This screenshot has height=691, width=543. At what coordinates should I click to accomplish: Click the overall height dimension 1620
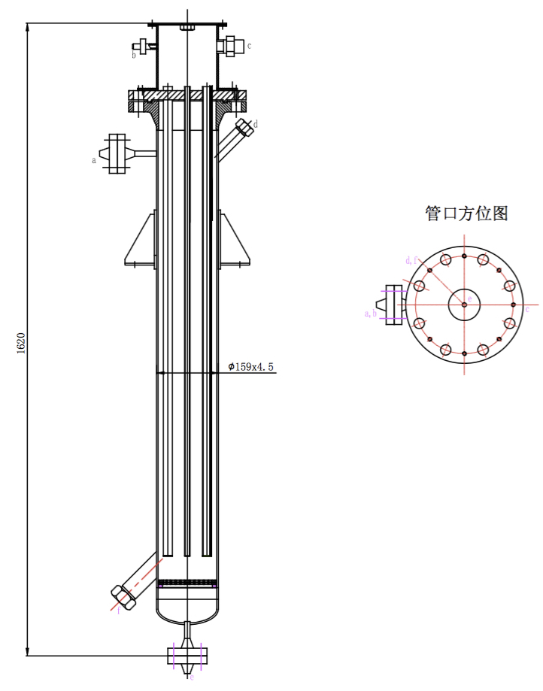[22, 342]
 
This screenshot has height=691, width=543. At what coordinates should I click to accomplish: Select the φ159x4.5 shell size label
[251, 367]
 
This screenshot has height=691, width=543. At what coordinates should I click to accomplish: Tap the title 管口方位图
[466, 214]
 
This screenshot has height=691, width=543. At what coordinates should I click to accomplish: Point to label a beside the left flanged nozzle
[94, 159]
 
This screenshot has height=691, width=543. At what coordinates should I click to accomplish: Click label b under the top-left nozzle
[135, 55]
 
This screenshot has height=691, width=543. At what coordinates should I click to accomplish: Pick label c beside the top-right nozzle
[249, 46]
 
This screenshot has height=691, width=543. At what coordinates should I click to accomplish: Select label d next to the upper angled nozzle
[256, 123]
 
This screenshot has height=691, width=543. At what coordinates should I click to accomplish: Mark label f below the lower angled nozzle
[118, 611]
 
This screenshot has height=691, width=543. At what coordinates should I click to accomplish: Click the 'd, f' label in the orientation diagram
[411, 260]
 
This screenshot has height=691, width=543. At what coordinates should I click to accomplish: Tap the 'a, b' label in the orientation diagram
[370, 313]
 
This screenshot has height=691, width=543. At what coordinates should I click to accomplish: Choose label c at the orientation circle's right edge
[527, 309]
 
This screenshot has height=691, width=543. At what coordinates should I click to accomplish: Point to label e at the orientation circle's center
[470, 300]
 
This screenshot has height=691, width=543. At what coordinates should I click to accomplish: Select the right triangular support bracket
[234, 241]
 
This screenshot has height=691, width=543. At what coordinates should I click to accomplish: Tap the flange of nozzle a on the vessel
[117, 153]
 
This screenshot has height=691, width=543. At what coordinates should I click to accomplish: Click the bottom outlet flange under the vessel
[187, 655]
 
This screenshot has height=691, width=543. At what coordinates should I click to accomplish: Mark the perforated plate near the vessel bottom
[187, 581]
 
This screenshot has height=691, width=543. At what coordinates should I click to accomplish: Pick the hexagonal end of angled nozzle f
[123, 597]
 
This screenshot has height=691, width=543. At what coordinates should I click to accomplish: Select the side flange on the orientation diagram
[393, 304]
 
